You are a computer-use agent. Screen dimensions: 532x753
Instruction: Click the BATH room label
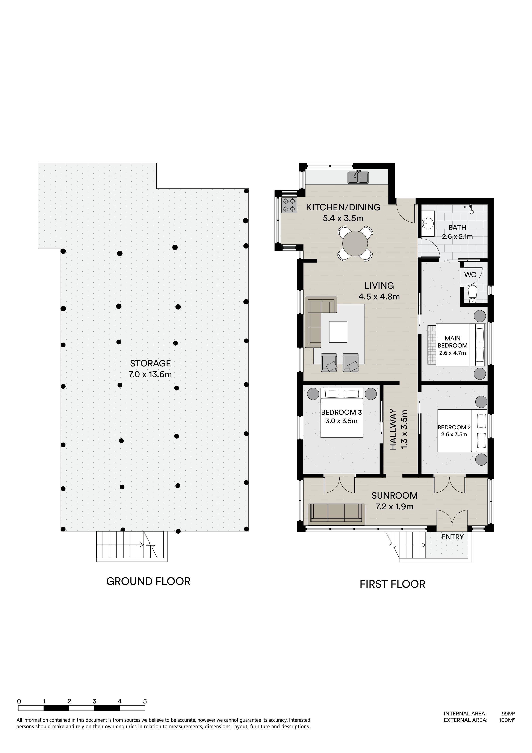click(x=457, y=227)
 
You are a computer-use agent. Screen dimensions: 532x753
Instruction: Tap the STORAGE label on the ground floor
click(x=150, y=363)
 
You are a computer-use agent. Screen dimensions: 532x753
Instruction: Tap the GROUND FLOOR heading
click(x=148, y=581)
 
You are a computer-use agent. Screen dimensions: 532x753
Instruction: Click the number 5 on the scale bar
click(x=145, y=701)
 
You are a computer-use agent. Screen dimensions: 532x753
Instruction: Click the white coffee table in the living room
click(x=338, y=332)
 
